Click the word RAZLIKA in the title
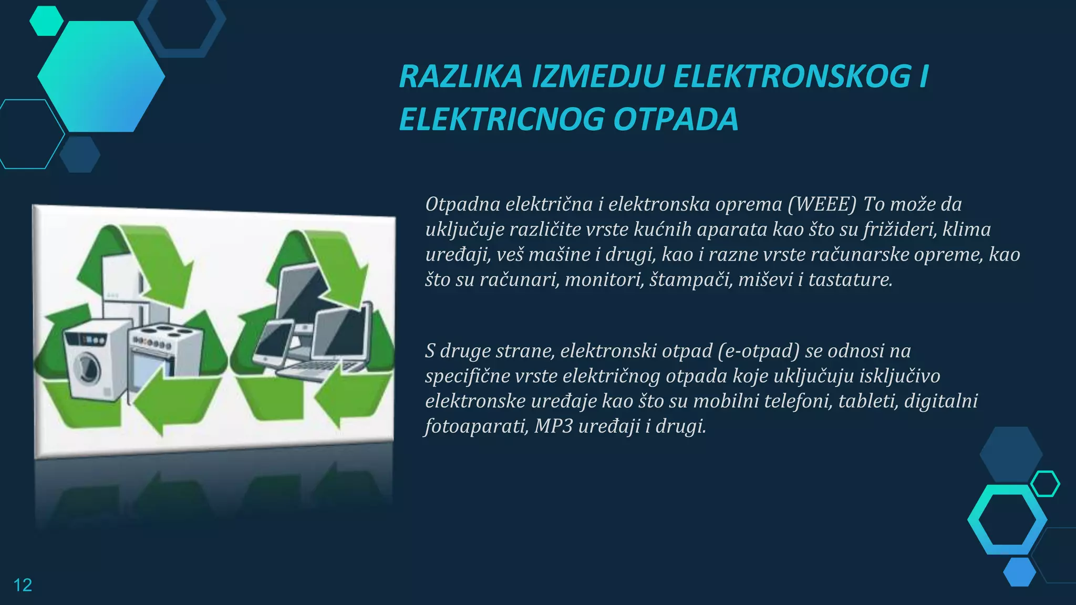coord(461,77)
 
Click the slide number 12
coord(23,585)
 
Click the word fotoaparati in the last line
coord(476,426)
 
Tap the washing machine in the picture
coord(95,362)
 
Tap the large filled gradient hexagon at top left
coord(101,76)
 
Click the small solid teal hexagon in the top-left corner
coord(46,21)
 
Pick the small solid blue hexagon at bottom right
coord(1019,572)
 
